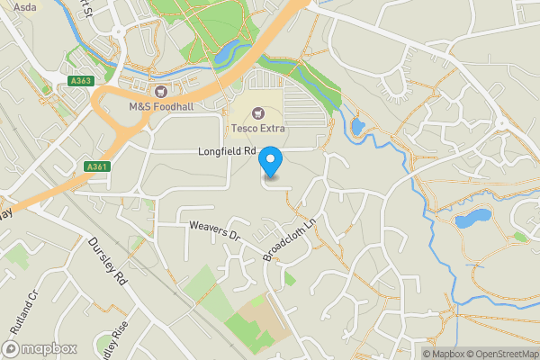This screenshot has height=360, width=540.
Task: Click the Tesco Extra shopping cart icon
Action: pos(259,112)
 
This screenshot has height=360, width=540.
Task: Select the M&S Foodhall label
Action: pos(161,107)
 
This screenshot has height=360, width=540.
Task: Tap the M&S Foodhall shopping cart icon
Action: pos(161,91)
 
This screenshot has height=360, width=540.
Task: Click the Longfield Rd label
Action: pos(228,152)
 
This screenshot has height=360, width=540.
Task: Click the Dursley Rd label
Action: pos(105,261)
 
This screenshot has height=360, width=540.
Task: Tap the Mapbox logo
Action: pos(40,348)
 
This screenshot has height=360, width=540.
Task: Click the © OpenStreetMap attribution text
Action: pos(502,354)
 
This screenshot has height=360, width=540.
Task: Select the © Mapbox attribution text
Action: pos(444,354)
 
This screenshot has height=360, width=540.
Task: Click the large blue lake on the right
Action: pos(473,219)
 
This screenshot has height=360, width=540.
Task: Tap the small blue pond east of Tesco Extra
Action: pos(357,126)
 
